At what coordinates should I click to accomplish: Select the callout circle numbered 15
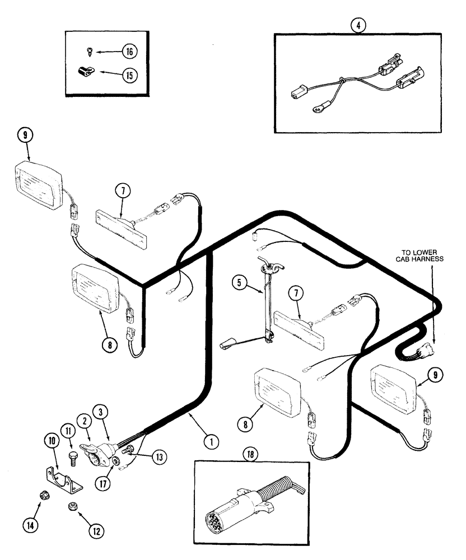point(129,74)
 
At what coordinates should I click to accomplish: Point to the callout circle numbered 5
point(239,284)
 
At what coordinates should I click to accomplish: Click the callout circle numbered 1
point(211,442)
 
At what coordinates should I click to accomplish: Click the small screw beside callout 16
point(91,52)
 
